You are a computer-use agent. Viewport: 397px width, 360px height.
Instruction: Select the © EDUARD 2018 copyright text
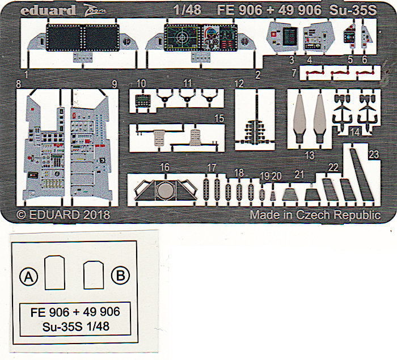click(x=63, y=215)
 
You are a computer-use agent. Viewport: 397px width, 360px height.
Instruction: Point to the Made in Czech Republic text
click(x=315, y=215)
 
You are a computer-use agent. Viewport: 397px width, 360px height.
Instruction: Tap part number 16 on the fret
click(x=164, y=167)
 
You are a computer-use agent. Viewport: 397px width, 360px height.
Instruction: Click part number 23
click(x=374, y=154)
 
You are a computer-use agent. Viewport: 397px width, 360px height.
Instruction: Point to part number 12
click(x=239, y=84)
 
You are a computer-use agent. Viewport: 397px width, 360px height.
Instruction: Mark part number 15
click(x=219, y=119)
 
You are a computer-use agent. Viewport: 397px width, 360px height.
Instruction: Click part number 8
click(x=19, y=84)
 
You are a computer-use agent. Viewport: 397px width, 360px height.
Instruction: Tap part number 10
click(x=141, y=83)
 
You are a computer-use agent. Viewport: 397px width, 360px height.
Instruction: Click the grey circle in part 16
click(x=163, y=192)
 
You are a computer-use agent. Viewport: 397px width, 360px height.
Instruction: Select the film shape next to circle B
click(x=92, y=274)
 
